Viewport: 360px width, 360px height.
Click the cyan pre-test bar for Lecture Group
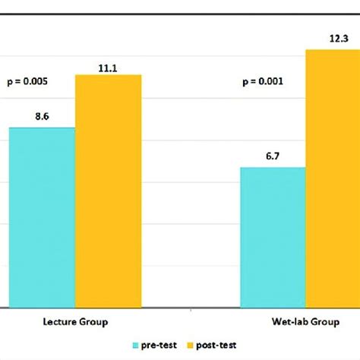click(42, 217)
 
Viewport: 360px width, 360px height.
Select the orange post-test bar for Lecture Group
click(108, 191)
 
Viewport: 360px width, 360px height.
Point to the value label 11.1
click(108, 66)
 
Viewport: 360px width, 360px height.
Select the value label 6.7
click(273, 157)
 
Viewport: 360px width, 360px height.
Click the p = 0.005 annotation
click(30, 80)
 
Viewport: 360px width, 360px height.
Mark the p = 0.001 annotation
click(263, 80)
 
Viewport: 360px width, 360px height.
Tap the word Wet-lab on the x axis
click(289, 322)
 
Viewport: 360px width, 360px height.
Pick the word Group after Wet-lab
click(325, 322)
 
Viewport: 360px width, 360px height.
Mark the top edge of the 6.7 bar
click(273, 167)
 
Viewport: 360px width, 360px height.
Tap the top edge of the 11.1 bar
click(108, 75)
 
